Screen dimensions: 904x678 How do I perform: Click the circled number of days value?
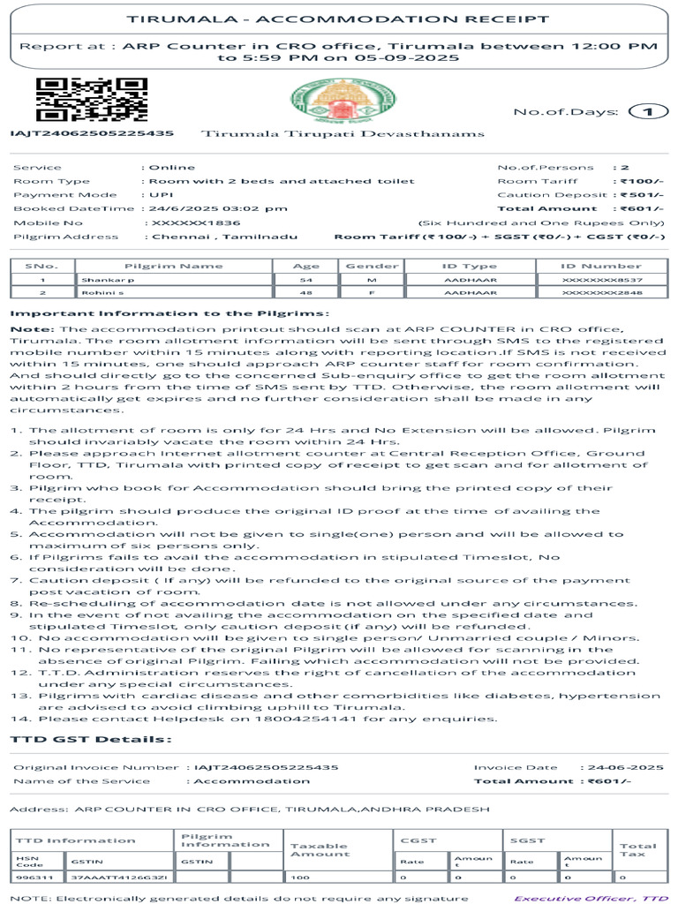[x=647, y=111]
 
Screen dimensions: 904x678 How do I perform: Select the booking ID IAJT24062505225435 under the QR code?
[x=92, y=133]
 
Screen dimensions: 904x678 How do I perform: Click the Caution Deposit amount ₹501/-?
[x=640, y=195]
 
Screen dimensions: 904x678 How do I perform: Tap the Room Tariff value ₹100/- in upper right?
[x=640, y=181]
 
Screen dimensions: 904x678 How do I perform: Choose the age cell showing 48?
[x=305, y=292]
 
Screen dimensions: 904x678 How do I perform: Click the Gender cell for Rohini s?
[x=372, y=292]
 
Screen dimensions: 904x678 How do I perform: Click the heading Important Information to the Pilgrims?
[x=169, y=313]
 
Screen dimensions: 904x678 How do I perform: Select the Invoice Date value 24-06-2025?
[x=628, y=767]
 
